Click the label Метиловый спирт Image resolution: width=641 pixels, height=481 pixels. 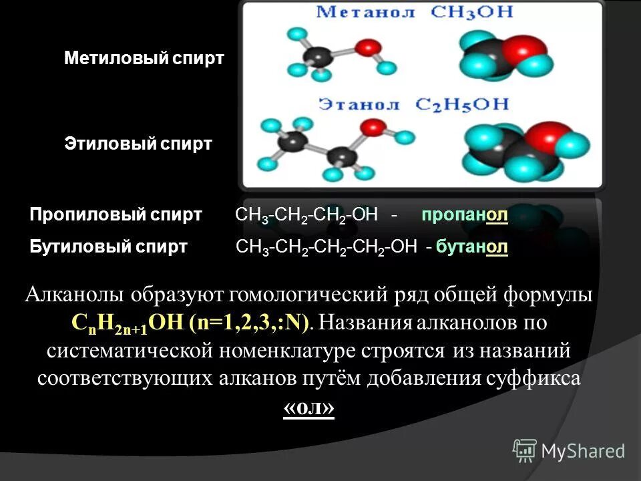144,58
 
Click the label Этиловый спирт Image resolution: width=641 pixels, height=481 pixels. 138,143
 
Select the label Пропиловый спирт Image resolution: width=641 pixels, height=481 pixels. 116,215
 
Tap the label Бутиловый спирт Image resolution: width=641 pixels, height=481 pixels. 109,247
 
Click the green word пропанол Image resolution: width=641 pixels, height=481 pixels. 465,215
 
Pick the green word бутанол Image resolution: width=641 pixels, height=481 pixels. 472,247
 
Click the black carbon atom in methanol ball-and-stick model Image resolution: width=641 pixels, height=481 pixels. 318,55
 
